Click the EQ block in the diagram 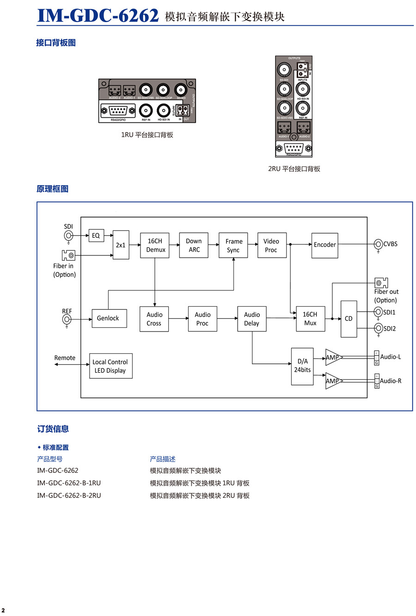pos(96,236)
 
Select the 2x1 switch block pos(121,245)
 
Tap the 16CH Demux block pos(155,245)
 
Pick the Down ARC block pos(194,245)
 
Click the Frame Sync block pos(233,245)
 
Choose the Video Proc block pos(271,245)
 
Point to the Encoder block pos(324,245)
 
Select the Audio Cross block pos(154,319)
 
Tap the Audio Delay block pos(252,319)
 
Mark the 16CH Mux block pos(310,319)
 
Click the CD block pos(349,319)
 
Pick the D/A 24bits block pos(302,366)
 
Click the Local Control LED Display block pos(110,366)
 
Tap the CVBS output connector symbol pos(378,244)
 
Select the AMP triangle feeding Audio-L pos(333,357)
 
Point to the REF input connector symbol pos(67,319)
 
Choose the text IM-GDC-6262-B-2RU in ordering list pos(69,495)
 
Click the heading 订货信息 pos(53,429)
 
